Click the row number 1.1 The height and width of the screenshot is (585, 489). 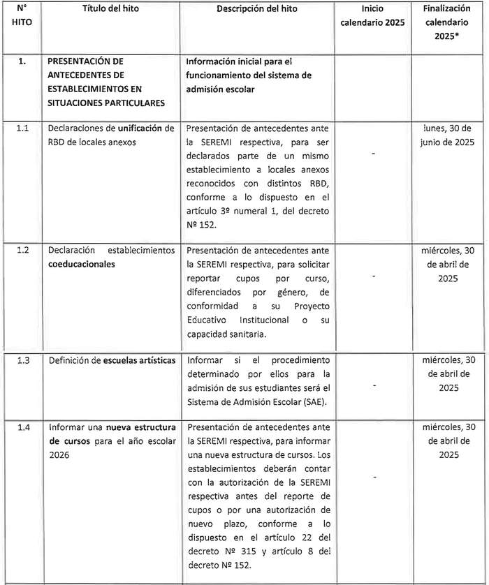click(22, 128)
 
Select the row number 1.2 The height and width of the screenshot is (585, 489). click(22, 249)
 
